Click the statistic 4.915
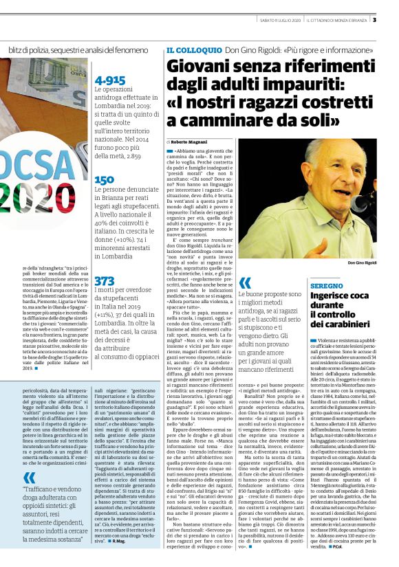point(109,80)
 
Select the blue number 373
point(105,280)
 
